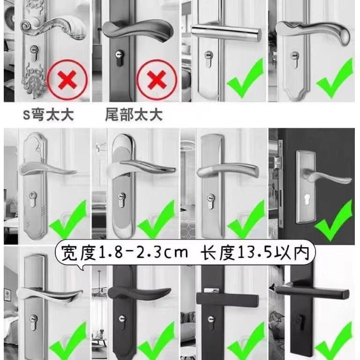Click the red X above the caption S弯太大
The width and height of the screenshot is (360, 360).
click(67, 80)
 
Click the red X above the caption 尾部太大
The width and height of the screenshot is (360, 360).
click(156, 80)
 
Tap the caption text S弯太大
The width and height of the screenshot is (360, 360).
click(48, 115)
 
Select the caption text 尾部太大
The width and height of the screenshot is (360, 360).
click(134, 115)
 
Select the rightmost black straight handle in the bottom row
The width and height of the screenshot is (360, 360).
click(313, 292)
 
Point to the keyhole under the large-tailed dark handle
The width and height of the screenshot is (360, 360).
click(119, 58)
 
